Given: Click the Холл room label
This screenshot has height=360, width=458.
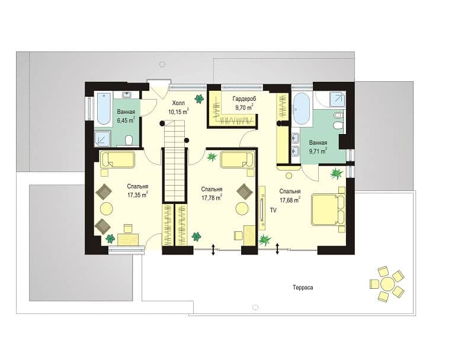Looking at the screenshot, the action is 178,103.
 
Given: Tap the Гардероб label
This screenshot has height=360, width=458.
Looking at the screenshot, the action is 244,99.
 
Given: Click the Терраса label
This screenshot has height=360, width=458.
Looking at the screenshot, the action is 303,288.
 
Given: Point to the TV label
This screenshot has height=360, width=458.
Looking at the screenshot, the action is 273,211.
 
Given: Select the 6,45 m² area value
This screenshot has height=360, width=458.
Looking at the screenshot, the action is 126,120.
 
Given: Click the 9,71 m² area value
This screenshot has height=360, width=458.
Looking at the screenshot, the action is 318,151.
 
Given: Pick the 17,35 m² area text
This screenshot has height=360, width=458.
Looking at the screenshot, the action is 137,195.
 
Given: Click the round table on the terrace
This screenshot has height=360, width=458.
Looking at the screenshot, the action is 387,283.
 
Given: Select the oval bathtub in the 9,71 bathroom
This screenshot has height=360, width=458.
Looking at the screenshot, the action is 301,109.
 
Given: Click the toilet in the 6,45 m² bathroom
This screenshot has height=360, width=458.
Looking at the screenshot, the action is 129,140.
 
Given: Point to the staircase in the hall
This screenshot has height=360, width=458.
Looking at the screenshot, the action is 174,161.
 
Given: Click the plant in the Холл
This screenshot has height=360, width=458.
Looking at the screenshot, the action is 200,98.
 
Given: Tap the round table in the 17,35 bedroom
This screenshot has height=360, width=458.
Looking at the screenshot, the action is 106,209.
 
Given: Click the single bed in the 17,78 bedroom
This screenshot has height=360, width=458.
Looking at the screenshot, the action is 238,160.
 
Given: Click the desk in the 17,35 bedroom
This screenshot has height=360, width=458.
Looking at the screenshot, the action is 128,239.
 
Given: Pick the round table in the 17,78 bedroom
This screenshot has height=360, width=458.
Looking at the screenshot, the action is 242,209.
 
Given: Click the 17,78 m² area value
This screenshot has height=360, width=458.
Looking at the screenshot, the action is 212,197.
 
